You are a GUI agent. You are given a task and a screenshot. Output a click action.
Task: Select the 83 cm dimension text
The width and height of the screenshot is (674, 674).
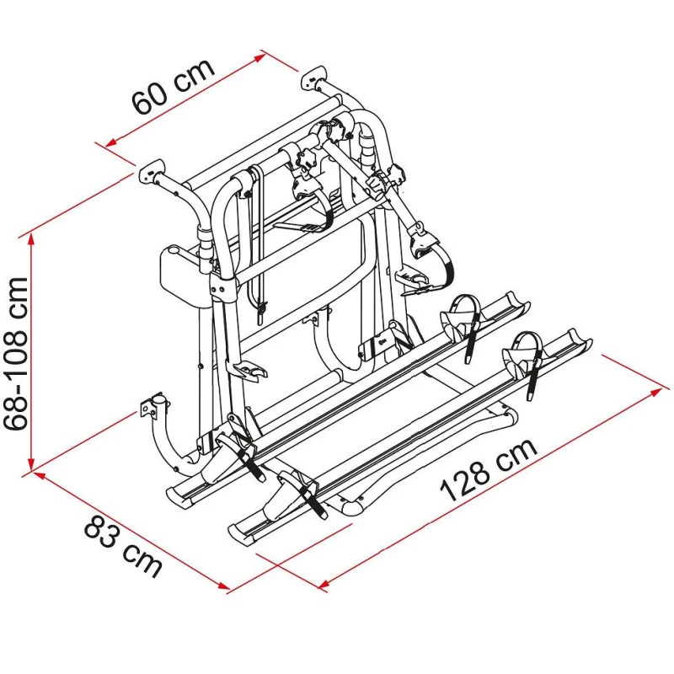pos(123,546)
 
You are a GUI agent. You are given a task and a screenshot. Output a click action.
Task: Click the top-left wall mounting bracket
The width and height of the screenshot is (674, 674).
pos(151,172)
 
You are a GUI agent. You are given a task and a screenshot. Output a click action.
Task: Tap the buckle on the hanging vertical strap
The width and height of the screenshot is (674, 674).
pos(262,313)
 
